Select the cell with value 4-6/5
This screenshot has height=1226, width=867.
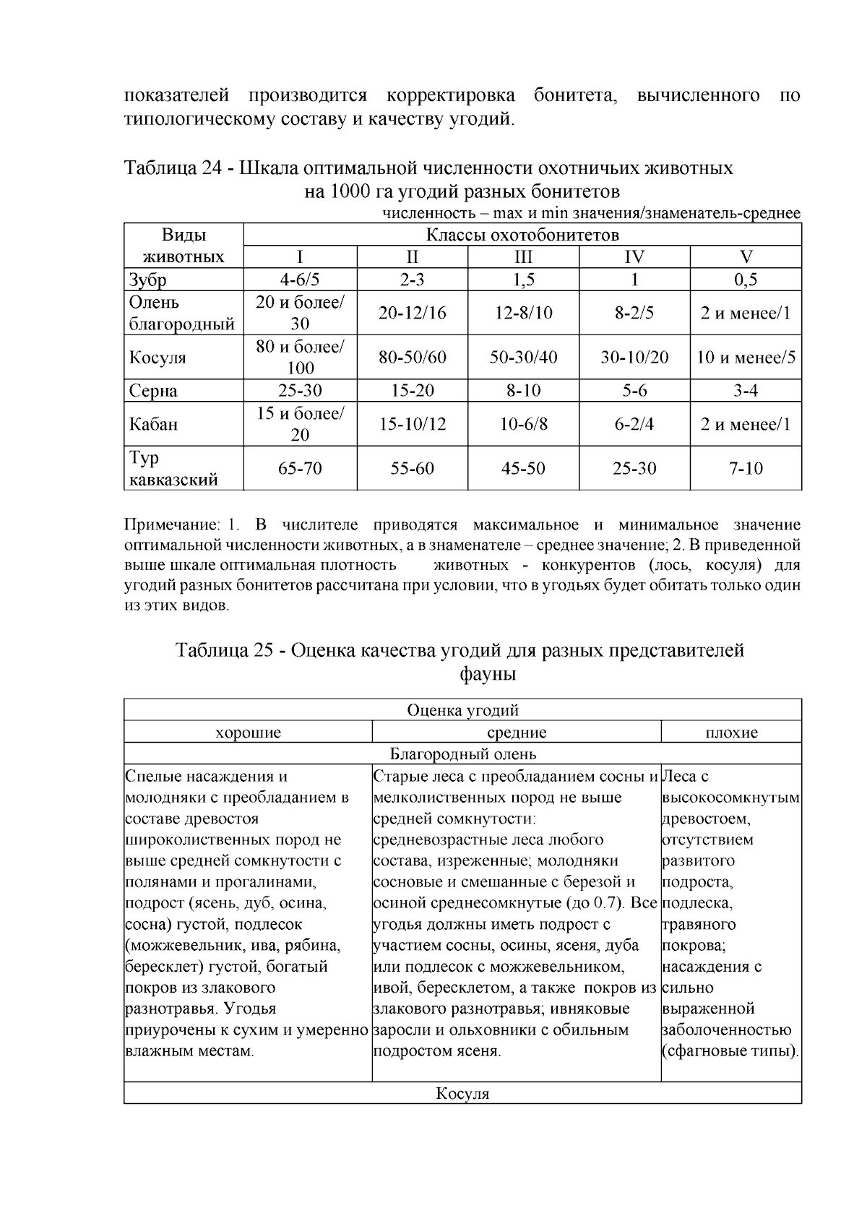pyautogui.click(x=300, y=280)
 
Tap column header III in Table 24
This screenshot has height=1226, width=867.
pyautogui.click(x=523, y=257)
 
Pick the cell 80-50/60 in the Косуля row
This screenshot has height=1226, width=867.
pyautogui.click(x=413, y=358)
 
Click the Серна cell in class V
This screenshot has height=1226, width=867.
pyautogui.click(x=746, y=391)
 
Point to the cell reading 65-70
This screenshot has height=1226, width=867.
pyautogui.click(x=300, y=469)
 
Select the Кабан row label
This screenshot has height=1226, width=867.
pyautogui.click(x=153, y=424)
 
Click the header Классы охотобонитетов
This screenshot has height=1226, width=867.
pyautogui.click(x=522, y=236)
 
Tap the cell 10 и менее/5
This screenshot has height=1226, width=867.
pyautogui.click(x=746, y=358)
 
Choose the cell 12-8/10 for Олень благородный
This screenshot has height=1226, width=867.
pyautogui.click(x=523, y=313)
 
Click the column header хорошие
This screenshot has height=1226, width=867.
pyautogui.click(x=248, y=733)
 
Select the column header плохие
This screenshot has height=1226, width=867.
pyautogui.click(x=731, y=733)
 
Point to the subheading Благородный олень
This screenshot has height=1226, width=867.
pyautogui.click(x=463, y=754)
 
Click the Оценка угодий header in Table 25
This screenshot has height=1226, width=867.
pyautogui.click(x=463, y=711)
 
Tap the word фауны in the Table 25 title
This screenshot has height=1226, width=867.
pyautogui.click(x=488, y=675)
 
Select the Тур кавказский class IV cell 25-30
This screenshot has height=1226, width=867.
pyautogui.click(x=634, y=469)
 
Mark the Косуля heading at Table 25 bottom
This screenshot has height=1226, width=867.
pyautogui.click(x=463, y=1094)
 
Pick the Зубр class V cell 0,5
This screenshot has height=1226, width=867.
pyautogui.click(x=746, y=280)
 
